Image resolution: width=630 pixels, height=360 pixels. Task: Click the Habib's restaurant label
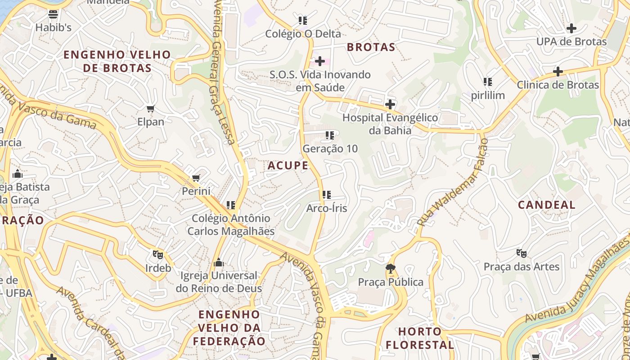coord(53,27)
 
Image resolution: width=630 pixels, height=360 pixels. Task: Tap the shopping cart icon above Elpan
coord(151,108)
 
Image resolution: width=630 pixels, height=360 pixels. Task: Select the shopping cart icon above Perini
coord(196,178)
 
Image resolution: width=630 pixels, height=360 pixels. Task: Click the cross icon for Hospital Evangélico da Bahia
coord(390,105)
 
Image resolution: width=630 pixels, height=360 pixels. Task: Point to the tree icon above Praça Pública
coord(391,269)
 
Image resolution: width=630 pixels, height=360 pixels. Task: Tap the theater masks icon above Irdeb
coord(157,255)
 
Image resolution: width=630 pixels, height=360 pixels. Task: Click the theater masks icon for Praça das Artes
coord(522,253)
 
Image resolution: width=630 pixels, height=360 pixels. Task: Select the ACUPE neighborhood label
coord(288,166)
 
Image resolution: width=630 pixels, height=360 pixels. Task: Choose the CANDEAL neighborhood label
coord(546,205)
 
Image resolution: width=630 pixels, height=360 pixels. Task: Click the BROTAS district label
coord(371,47)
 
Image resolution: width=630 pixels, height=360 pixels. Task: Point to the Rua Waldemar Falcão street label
coord(453,182)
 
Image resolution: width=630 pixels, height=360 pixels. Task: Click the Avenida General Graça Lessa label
coord(222,72)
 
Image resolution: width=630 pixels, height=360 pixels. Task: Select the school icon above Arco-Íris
coord(327,195)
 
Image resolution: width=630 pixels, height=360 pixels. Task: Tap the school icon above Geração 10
coord(330,135)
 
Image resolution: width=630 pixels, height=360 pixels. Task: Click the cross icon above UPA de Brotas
coord(571,28)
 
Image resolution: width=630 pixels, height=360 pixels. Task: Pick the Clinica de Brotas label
coord(558,85)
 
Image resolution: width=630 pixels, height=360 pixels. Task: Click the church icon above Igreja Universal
coord(219,262)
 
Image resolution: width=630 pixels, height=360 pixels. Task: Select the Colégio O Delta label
coord(303,34)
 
